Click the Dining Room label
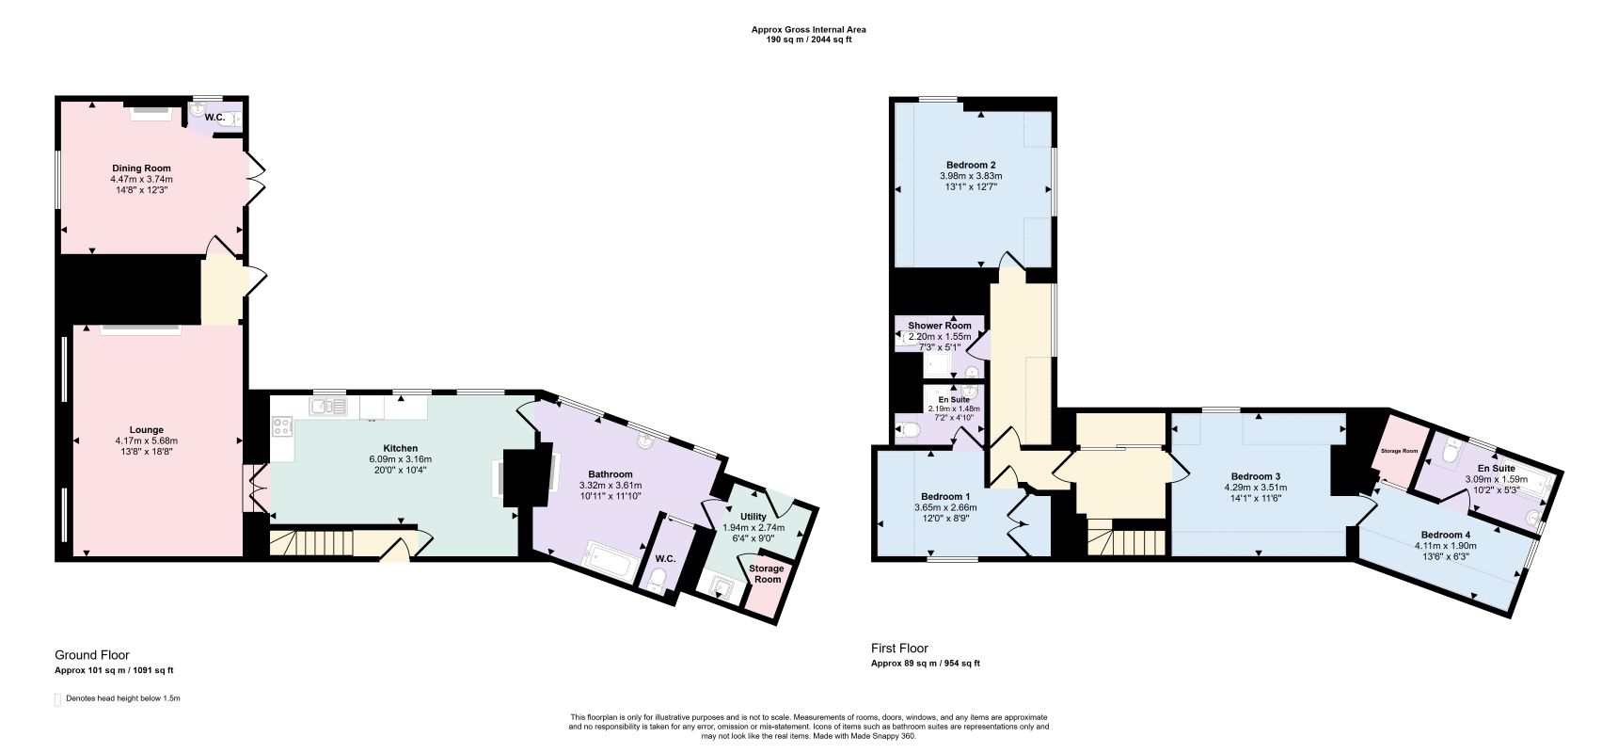[x=141, y=168]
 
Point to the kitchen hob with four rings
[x=281, y=425]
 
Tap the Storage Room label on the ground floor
[x=766, y=574]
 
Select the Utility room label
[x=753, y=517]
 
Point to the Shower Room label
[x=939, y=326]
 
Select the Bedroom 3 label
[x=1255, y=476]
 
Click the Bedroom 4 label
[x=1448, y=535]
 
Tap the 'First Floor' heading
[x=899, y=649]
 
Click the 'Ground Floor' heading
[x=92, y=655]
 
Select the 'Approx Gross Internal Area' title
[x=808, y=29]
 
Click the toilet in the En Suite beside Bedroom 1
[x=908, y=431]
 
